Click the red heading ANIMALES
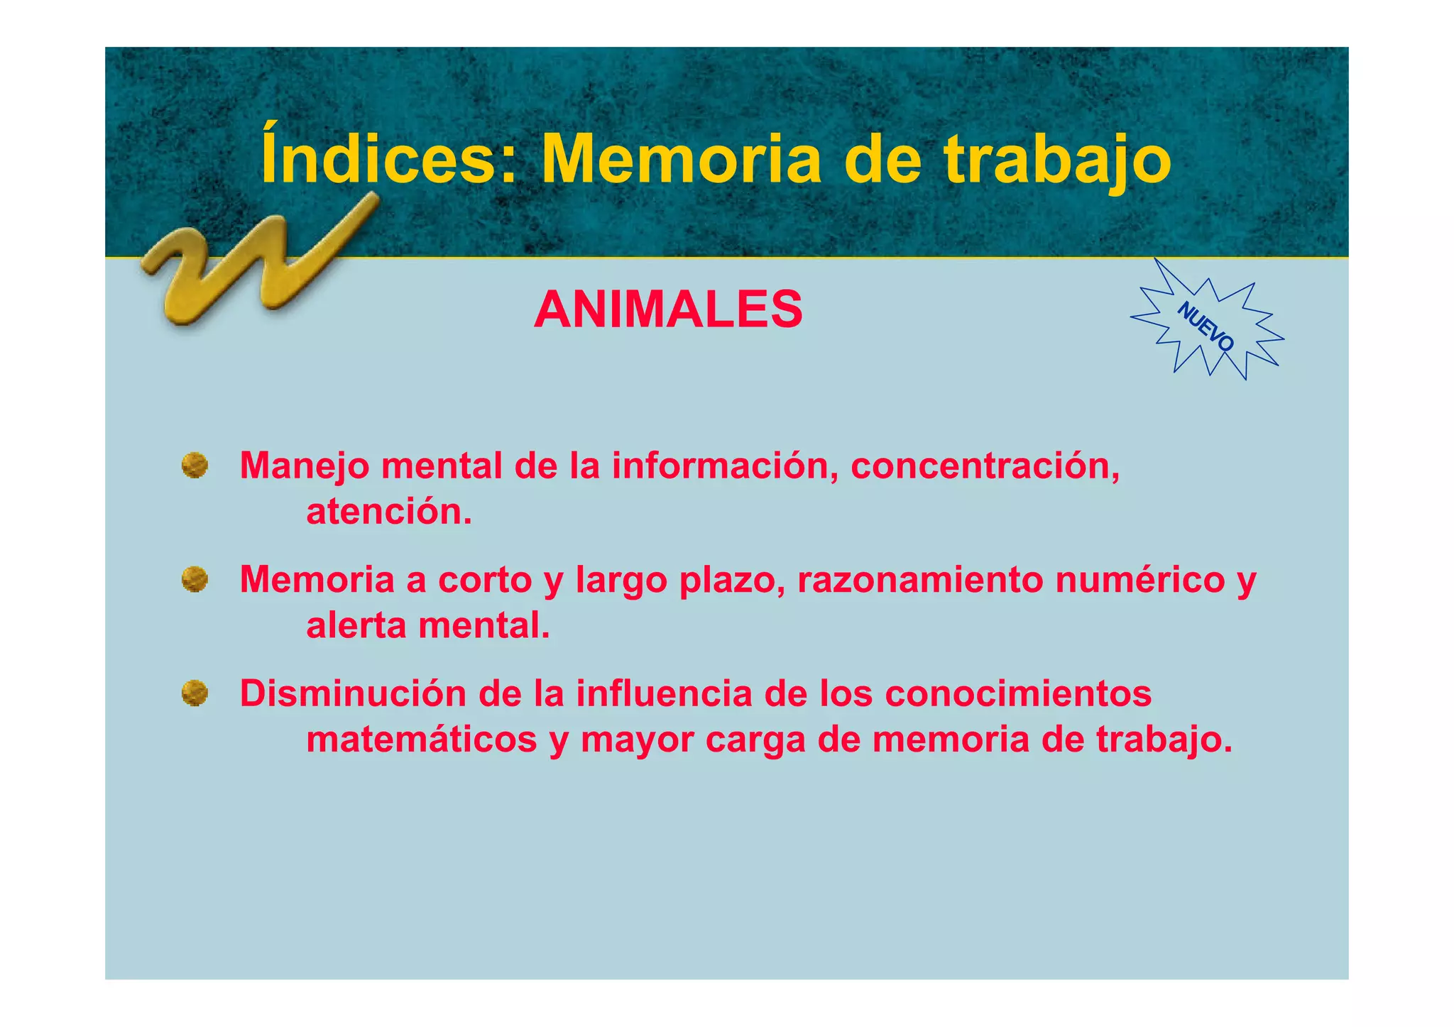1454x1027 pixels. [668, 310]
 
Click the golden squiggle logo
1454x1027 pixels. [256, 263]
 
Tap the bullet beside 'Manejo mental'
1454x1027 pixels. [195, 466]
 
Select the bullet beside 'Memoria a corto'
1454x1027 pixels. [195, 579]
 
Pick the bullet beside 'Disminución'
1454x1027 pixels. [195, 693]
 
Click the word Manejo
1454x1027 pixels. [305, 467]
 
